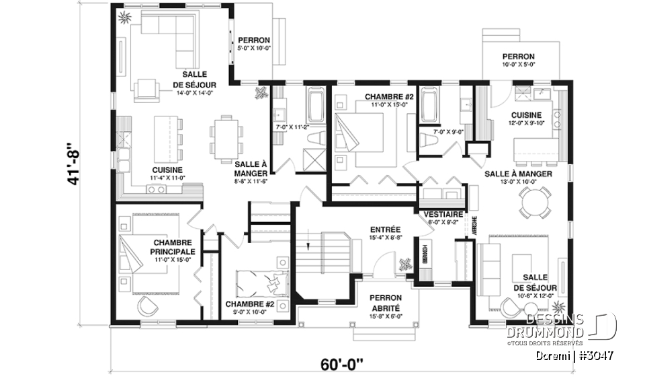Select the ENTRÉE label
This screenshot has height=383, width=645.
pyautogui.click(x=385, y=229)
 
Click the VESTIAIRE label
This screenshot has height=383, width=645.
pyautogui.click(x=441, y=214)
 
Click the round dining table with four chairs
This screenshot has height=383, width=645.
pyautogui.click(x=535, y=201)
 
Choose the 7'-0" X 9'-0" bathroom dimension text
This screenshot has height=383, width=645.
pyautogui.click(x=449, y=131)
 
